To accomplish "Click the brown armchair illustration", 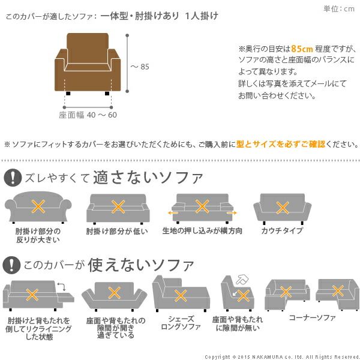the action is [x=88, y=64].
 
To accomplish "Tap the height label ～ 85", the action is [x=140, y=67].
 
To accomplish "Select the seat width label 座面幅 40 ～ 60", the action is [x=88, y=115].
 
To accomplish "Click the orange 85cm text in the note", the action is [x=302, y=49].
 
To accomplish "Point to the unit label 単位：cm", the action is [x=339, y=9].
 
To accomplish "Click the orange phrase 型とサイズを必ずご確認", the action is [x=281, y=144].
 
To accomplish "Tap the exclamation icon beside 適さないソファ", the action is [x=13, y=178].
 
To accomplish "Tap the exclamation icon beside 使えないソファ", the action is [x=11, y=265].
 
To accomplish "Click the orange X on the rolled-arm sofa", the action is [x=38, y=206].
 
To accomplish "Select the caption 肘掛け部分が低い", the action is [x=117, y=231].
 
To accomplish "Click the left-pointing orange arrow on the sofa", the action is [x=173, y=213].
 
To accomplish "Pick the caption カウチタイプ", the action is [x=282, y=230].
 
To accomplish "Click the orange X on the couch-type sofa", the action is [x=283, y=208].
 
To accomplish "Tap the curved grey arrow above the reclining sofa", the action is [x=62, y=287].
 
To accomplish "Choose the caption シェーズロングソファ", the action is [x=181, y=323].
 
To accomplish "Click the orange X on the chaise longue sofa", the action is [x=181, y=295].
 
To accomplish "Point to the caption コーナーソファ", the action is [x=312, y=317].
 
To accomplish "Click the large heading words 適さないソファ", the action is [x=148, y=177].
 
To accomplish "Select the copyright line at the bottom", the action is [x=282, y=357].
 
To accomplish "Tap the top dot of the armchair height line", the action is [x=127, y=35].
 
